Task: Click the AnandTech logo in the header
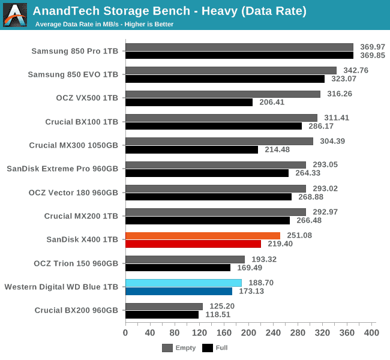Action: click(x=15, y=14)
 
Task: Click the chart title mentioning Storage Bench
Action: click(x=170, y=11)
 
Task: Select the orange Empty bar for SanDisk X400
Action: click(x=203, y=236)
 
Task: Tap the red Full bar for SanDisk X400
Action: click(x=193, y=244)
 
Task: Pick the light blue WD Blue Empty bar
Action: click(x=184, y=283)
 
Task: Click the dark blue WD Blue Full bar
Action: click(x=179, y=291)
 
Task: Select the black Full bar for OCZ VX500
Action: click(x=189, y=103)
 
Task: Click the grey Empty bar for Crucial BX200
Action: click(x=164, y=306)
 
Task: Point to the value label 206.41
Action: click(x=271, y=103)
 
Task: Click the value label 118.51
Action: click(x=217, y=314)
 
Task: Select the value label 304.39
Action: click(x=332, y=141)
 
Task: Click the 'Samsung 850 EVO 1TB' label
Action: click(x=73, y=74)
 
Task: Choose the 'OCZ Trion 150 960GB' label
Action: click(x=75, y=263)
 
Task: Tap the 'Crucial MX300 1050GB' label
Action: click(x=74, y=145)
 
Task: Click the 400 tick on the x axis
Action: click(x=371, y=332)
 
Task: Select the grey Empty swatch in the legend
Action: click(x=167, y=347)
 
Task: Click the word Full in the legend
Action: click(x=221, y=347)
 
